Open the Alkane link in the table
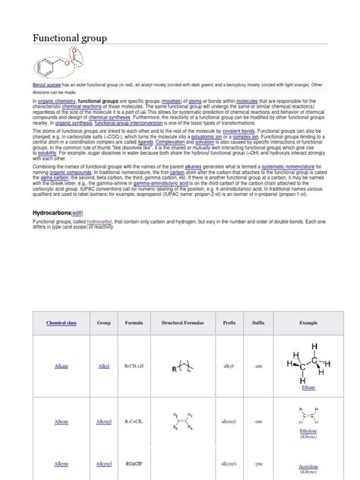62,365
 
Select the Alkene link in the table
62,420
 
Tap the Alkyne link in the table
62,463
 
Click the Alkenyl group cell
104,420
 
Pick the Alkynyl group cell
104,463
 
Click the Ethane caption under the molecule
308,387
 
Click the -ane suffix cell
258,365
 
